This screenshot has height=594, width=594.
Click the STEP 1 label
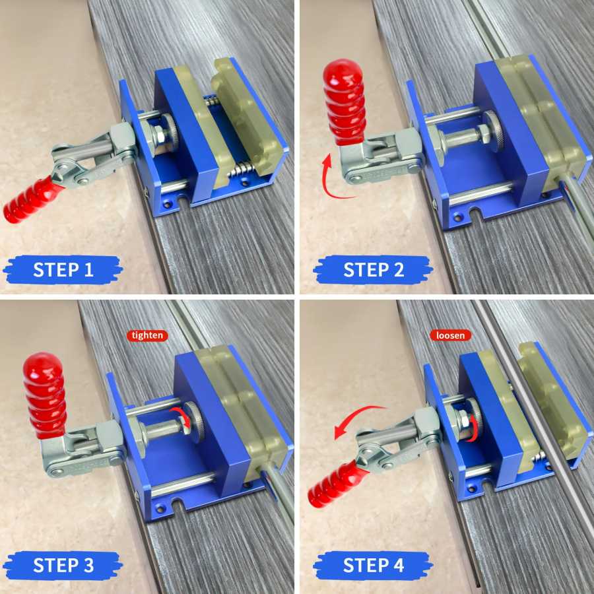coord(63,270)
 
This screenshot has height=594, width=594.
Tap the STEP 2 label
coord(373,270)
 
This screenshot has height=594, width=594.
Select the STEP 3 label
coord(63,565)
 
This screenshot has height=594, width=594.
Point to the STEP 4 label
coord(373,565)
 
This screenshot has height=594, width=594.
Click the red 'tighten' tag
coord(147,335)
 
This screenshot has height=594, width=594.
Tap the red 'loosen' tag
coord(450,335)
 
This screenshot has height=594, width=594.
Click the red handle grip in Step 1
coord(30,200)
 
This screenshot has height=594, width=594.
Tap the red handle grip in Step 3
coord(45,395)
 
